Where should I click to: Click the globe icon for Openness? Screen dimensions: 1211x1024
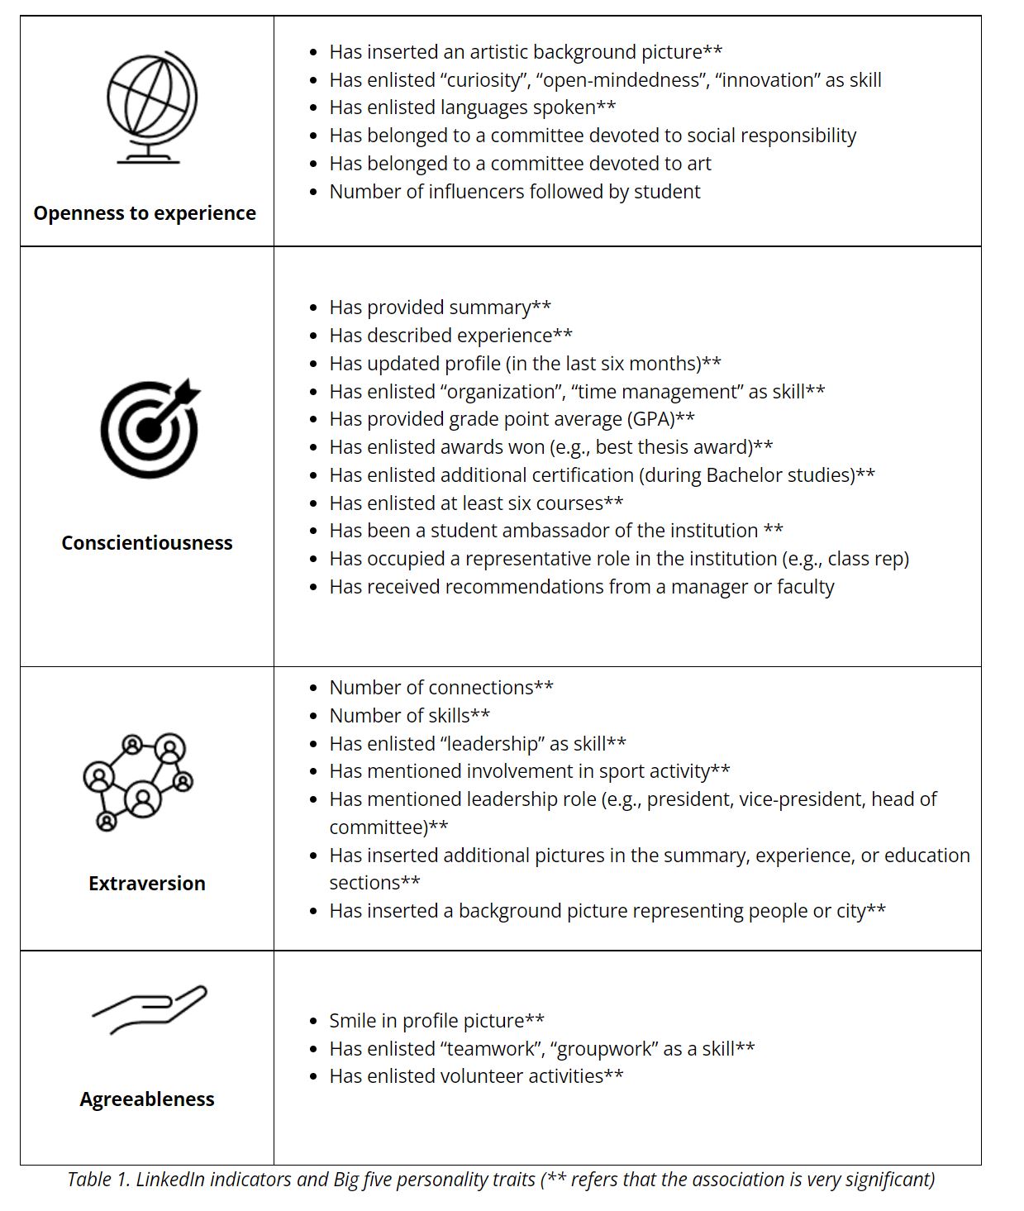click(x=151, y=107)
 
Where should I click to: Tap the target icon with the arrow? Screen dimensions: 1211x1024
click(x=150, y=428)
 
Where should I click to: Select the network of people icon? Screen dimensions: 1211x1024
click(x=138, y=781)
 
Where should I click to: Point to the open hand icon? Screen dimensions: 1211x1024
click(x=150, y=1008)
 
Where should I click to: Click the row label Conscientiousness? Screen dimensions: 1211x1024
click(x=147, y=543)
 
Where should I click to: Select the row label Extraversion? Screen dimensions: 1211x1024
click(x=147, y=884)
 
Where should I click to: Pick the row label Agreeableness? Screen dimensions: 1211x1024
click(x=147, y=1099)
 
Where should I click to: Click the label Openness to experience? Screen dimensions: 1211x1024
click(x=145, y=213)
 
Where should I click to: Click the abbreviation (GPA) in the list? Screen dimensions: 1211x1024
click(x=651, y=419)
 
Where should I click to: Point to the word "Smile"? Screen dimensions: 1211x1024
click(x=353, y=1021)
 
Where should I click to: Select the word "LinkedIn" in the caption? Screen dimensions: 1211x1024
click(x=170, y=1180)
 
